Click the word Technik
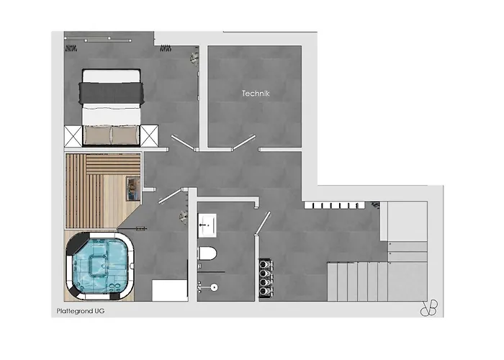coord(256,94)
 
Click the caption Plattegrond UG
coord(81,311)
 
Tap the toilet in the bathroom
coord(207,253)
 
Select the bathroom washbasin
coord(207,225)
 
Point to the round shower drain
coord(214,287)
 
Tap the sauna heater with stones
coord(132,189)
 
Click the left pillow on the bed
coord(97,135)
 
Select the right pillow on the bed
coord(125,135)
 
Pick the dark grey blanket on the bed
coord(111,93)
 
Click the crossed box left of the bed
coord(73,136)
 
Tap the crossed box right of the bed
coord(150,136)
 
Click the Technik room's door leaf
coord(243,143)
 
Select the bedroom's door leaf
coord(183,143)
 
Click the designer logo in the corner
coord(429,308)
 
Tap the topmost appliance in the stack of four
coord(266,264)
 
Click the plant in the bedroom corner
coord(194,58)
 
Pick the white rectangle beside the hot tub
coord(170,291)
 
